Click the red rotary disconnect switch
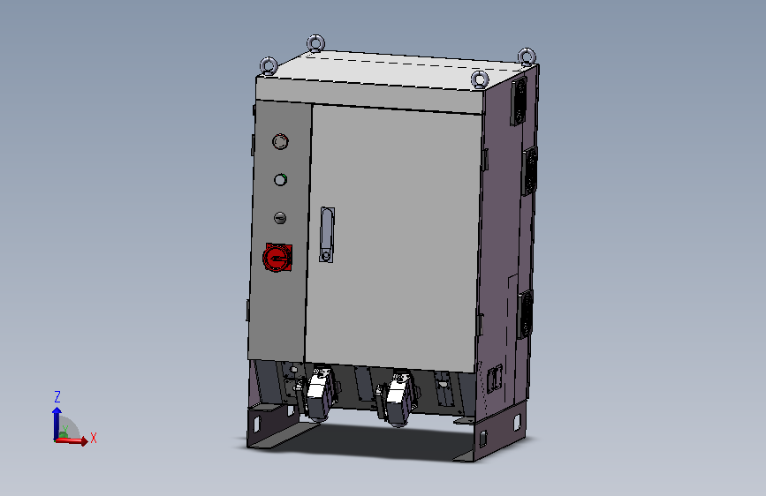point(277,258)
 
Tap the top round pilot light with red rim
point(280,141)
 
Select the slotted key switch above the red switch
point(280,218)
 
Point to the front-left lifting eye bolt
point(269,66)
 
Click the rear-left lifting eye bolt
point(315,43)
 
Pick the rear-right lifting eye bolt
point(527,56)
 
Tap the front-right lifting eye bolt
point(480,79)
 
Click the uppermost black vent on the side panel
point(519,101)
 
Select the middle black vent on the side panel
point(530,171)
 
